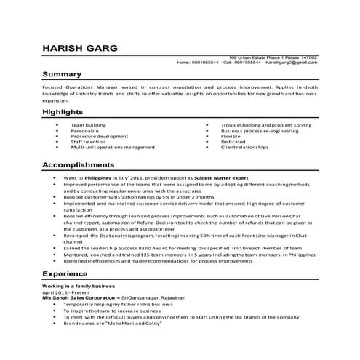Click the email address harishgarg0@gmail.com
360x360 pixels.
click(291, 63)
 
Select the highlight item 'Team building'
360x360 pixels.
click(88, 125)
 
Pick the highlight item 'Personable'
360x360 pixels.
click(85, 131)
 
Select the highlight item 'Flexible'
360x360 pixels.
click(231, 136)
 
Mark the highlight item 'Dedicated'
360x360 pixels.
click(233, 142)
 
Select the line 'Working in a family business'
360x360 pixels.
click(74, 287)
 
